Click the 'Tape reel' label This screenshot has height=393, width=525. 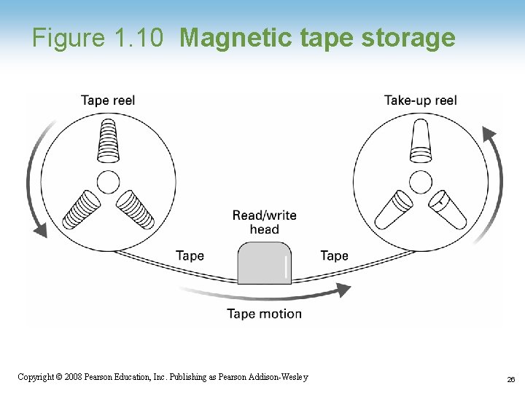(x=108, y=100)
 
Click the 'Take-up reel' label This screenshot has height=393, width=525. (x=421, y=100)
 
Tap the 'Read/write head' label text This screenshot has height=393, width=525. (x=264, y=222)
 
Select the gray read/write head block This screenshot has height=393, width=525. (x=264, y=263)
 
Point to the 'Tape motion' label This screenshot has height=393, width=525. (x=264, y=314)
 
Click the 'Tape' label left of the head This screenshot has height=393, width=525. (x=190, y=255)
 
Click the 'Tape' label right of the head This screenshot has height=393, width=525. (x=334, y=255)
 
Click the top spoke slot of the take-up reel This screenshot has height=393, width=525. (x=421, y=140)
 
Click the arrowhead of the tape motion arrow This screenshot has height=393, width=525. (x=341, y=290)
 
